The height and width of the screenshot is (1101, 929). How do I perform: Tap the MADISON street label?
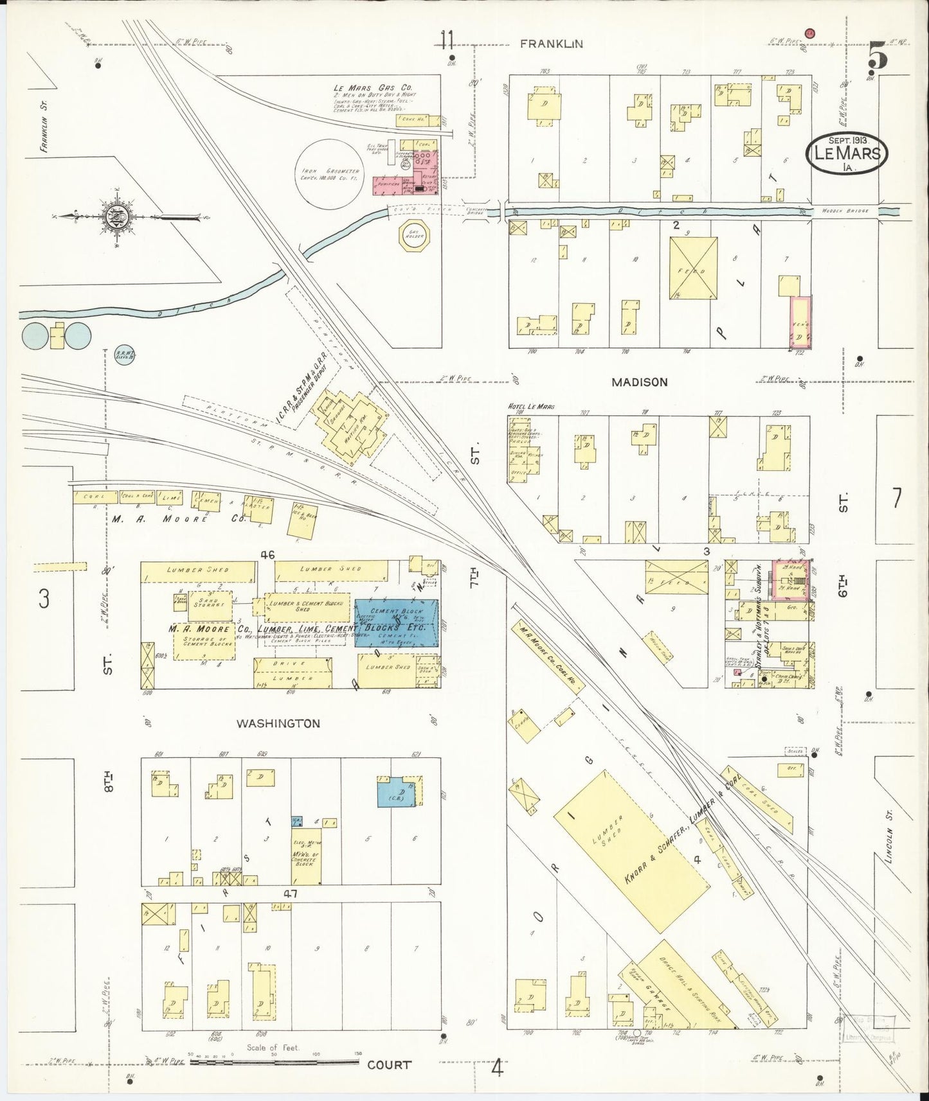639,382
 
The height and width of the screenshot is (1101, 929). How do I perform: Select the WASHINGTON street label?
278,723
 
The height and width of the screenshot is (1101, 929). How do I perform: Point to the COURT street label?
389,1065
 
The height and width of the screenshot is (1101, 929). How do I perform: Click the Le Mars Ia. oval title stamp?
847,154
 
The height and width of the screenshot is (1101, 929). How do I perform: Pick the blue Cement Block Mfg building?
397,623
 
